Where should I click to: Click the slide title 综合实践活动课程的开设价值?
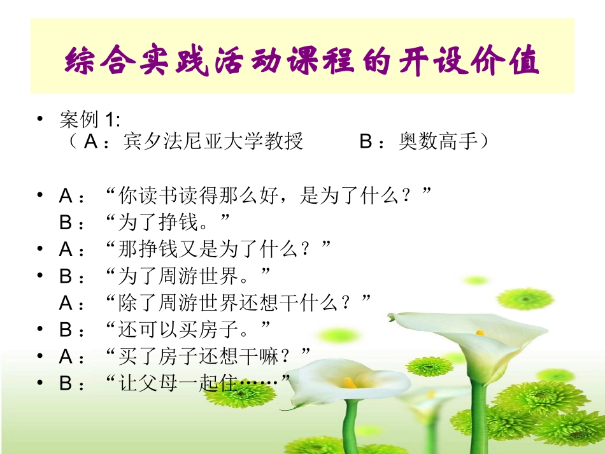(x=302, y=62)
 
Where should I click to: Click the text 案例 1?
(x=90, y=120)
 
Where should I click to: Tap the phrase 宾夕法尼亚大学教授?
(x=213, y=141)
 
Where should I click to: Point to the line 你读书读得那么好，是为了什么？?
(x=267, y=196)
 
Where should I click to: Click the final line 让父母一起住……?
(x=197, y=382)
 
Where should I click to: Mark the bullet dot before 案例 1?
(x=41, y=119)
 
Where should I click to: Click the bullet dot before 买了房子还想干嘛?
(x=41, y=355)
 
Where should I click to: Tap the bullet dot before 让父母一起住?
(x=41, y=382)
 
